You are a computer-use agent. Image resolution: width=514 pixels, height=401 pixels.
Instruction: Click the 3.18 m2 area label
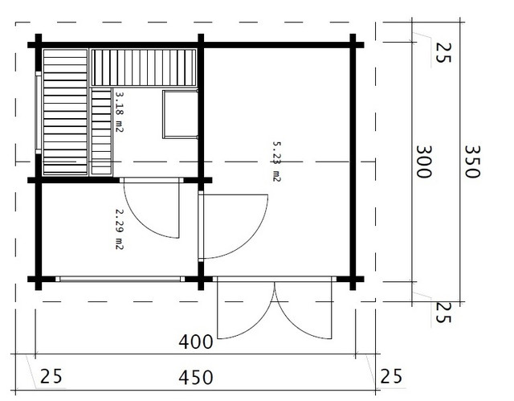(x=120, y=112)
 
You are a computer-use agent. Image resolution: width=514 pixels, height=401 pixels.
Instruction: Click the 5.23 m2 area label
(x=277, y=162)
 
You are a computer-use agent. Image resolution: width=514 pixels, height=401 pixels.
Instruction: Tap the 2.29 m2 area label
(x=120, y=230)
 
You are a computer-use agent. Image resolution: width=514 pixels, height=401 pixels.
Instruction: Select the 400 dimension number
(x=196, y=342)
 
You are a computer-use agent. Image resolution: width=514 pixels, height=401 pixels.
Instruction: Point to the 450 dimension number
(x=196, y=378)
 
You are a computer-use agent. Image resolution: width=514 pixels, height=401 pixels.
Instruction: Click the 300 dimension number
(x=424, y=162)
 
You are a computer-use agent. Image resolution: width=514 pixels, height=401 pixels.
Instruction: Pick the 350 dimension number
(x=472, y=162)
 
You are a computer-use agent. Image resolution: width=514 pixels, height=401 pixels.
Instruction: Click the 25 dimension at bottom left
(x=51, y=376)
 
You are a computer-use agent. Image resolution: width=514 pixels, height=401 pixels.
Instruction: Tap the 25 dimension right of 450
(x=391, y=376)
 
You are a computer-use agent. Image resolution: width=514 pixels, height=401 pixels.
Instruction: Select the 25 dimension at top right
(x=444, y=52)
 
